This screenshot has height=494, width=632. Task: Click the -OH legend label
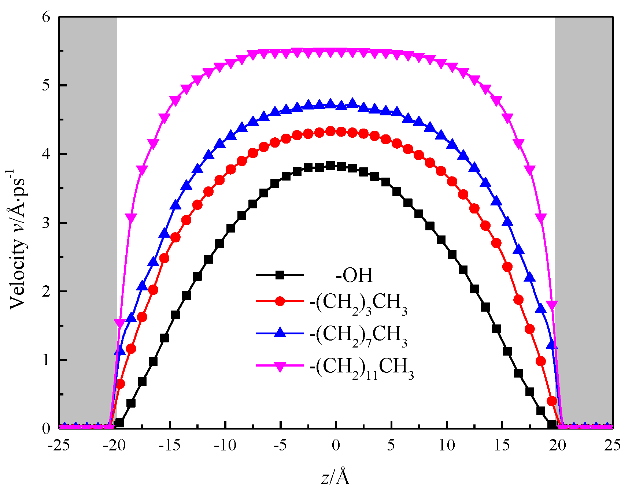[354, 275]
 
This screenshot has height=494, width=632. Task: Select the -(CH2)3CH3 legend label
[358, 304]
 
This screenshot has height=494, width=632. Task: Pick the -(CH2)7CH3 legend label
[358, 335]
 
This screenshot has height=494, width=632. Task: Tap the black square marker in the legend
[280, 275]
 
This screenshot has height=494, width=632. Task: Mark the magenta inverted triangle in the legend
[280, 367]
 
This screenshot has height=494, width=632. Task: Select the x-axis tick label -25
[59, 446]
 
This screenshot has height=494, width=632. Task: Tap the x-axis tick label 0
[336, 446]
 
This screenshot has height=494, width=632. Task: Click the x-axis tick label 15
[502, 446]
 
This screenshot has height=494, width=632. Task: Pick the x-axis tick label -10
[225, 446]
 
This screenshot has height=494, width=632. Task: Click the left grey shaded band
[88, 220]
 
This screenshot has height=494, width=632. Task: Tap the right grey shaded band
[583, 220]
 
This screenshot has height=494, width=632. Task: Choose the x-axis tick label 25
[612, 446]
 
